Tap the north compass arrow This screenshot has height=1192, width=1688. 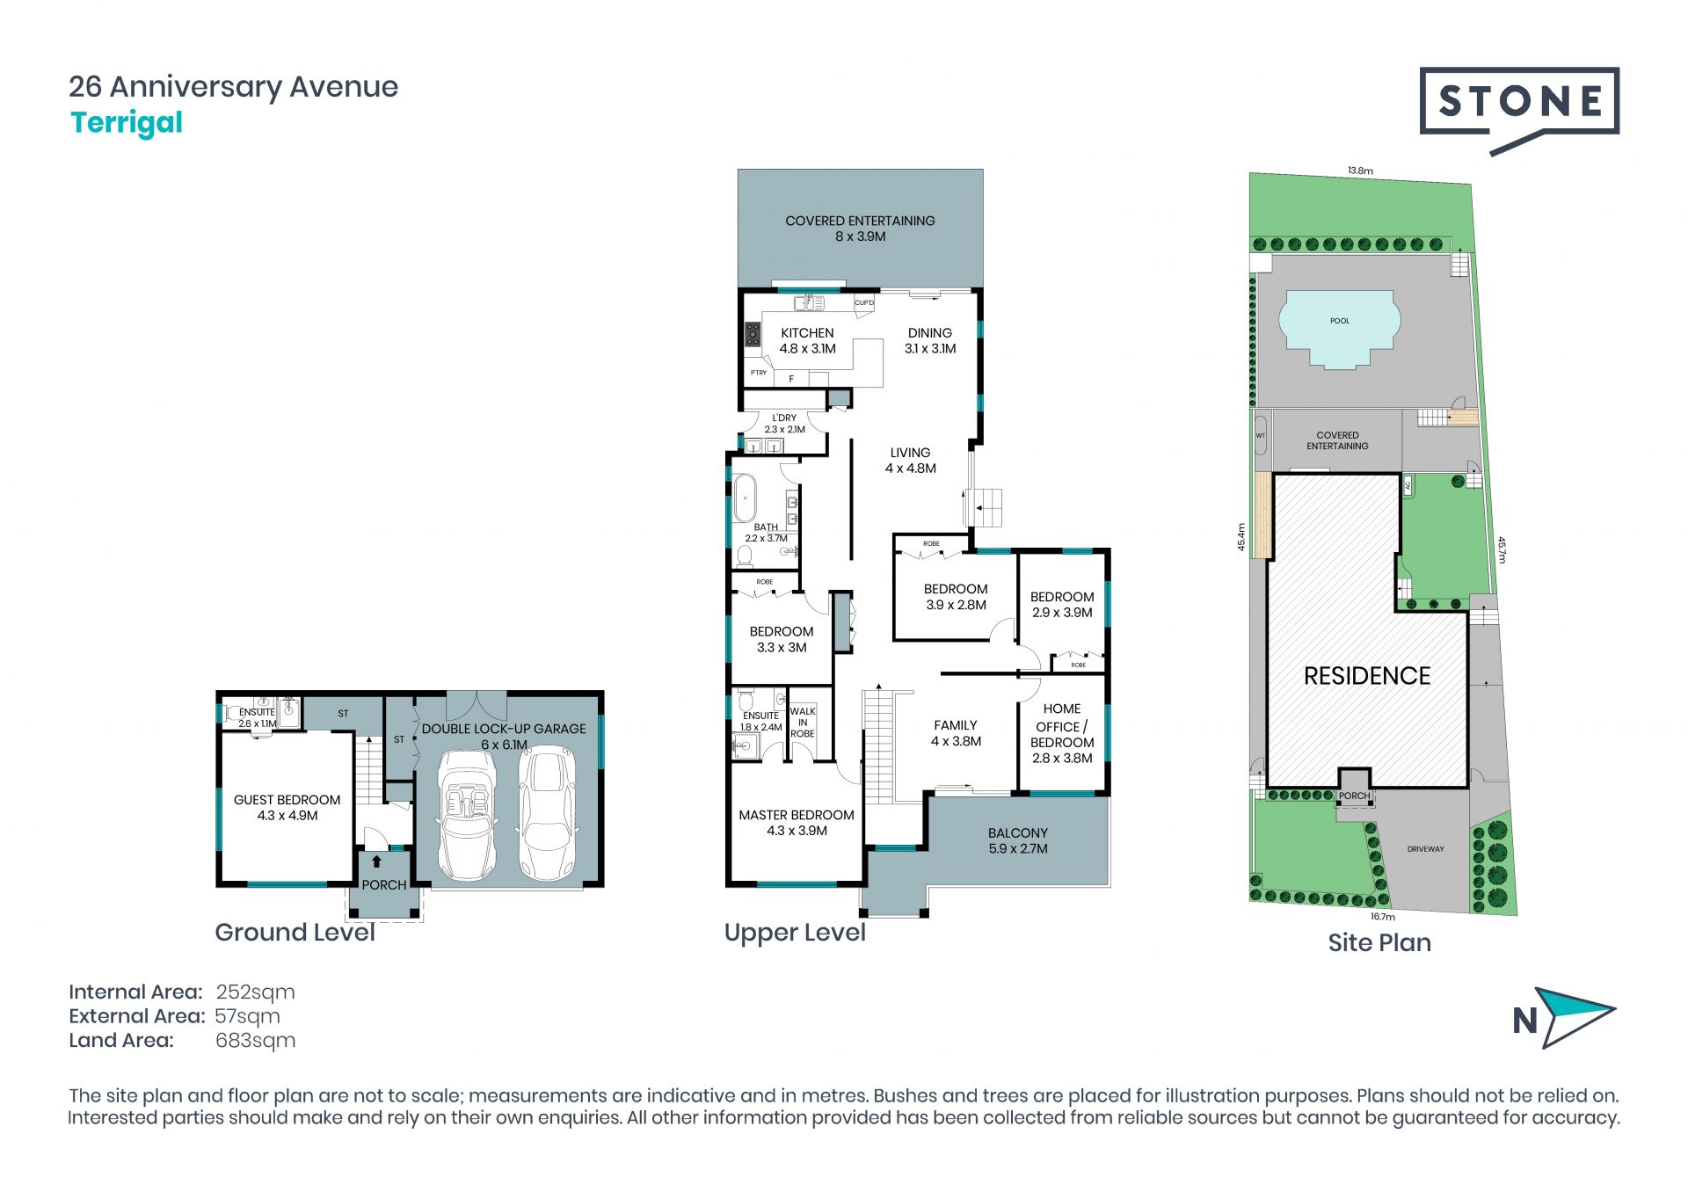tap(1578, 1017)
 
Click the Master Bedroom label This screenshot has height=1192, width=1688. tap(797, 823)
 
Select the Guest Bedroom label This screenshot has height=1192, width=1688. tap(287, 808)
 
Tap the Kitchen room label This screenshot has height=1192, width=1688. tap(807, 340)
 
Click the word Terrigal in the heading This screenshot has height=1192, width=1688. tap(127, 123)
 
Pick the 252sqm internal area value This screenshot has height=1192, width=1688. tap(255, 992)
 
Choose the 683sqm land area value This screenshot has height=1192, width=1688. tap(255, 1041)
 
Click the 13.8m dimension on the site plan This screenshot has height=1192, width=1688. tap(1360, 171)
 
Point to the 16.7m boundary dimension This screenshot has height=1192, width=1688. tap(1383, 917)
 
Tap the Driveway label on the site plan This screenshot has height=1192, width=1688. tap(1425, 849)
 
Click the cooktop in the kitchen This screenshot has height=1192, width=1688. tap(753, 335)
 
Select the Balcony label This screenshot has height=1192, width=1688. tap(1018, 840)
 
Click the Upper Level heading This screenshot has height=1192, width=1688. tap(795, 933)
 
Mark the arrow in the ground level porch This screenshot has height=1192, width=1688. tap(377, 861)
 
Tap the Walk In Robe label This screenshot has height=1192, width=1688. tap(803, 723)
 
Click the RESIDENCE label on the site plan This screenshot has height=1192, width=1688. tap(1367, 676)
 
